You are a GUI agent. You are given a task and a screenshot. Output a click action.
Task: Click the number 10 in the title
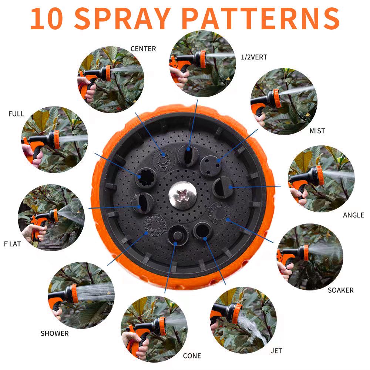tap(48, 18)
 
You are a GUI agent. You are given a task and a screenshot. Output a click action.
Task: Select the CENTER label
tap(143, 49)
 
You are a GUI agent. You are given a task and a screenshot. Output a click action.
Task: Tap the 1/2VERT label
tap(254, 57)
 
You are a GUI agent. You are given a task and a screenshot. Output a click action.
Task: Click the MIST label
tap(317, 131)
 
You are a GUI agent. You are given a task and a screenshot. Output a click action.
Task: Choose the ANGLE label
tap(353, 215)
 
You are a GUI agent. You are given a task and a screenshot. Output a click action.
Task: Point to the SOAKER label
tap(340, 290)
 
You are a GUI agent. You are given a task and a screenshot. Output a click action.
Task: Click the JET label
tap(276, 351)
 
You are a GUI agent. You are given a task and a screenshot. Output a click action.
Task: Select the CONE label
tap(192, 356)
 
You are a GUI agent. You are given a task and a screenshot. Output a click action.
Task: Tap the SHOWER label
tap(54, 333)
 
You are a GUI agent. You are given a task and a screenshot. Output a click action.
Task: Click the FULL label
tap(16, 114)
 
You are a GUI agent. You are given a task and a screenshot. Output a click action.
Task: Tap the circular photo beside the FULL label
tap(54, 140)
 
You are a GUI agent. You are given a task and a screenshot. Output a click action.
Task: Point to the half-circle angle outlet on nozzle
tap(224, 187)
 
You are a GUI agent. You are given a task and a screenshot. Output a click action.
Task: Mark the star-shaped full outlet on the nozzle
tap(145, 178)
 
